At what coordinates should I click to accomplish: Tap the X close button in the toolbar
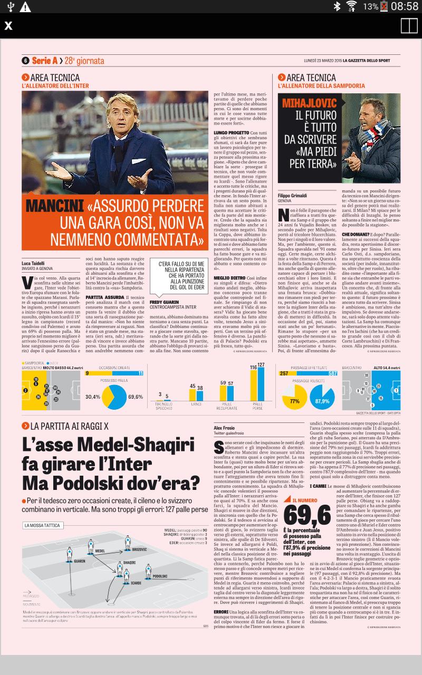[x=8, y=26]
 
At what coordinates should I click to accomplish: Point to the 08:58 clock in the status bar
[x=405, y=6]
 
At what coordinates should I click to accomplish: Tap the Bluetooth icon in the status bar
[x=337, y=6]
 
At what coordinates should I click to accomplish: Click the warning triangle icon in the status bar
[x=25, y=6]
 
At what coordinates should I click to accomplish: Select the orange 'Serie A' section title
[x=44, y=61]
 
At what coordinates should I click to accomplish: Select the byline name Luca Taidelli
[x=33, y=263]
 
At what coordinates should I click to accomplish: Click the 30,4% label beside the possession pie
[x=92, y=397]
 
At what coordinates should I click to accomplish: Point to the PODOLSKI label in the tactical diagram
[x=159, y=576]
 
